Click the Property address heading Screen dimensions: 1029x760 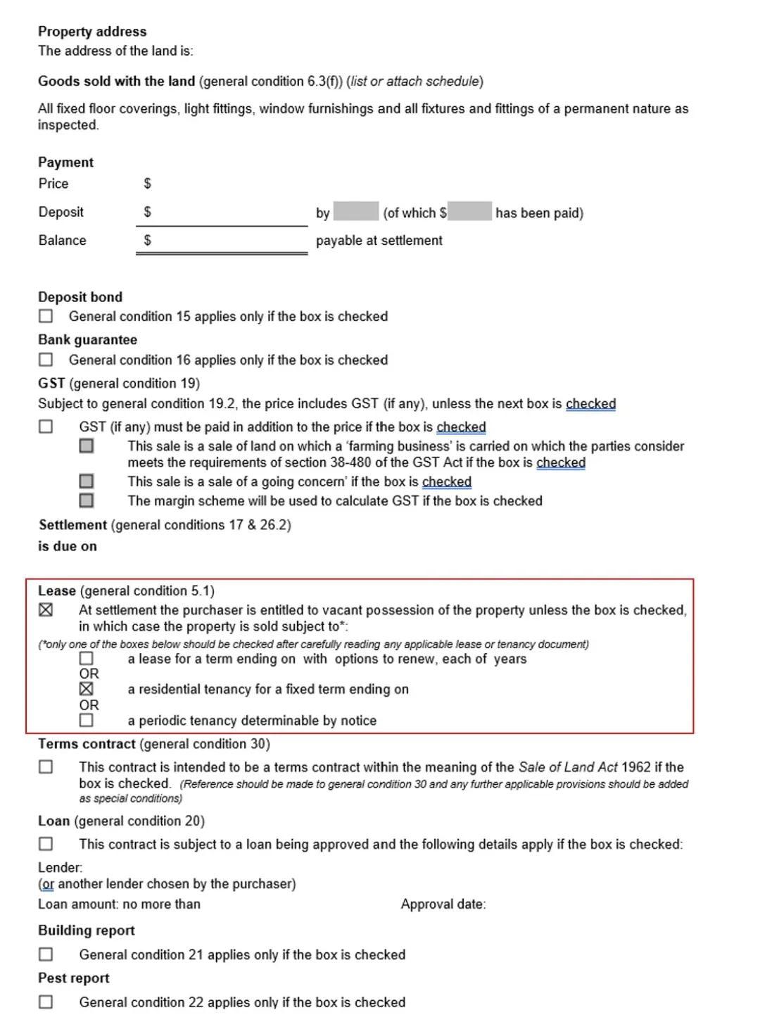pyautogui.click(x=92, y=31)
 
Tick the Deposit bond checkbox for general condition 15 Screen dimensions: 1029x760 pyautogui.click(x=46, y=316)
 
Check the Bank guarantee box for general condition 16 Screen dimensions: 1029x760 pyautogui.click(x=46, y=360)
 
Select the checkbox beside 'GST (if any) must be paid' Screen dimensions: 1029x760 pyautogui.click(x=46, y=427)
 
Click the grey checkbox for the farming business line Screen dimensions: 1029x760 pyautogui.click(x=87, y=446)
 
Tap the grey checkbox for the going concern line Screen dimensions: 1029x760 pyautogui.click(x=87, y=481)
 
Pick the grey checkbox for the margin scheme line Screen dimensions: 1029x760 pyautogui.click(x=87, y=500)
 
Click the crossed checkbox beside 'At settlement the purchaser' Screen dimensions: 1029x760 pyautogui.click(x=46, y=610)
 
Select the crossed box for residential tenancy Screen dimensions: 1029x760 pyautogui.click(x=87, y=688)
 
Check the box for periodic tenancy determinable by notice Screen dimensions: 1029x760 pyautogui.click(x=87, y=720)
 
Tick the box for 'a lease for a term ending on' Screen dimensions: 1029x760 pyautogui.click(x=87, y=658)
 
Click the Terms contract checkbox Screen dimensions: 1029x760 pyautogui.click(x=46, y=766)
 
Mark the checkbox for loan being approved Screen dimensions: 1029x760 pyautogui.click(x=46, y=843)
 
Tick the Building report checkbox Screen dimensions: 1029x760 pyautogui.click(x=46, y=954)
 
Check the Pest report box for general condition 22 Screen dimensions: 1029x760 pyautogui.click(x=46, y=1002)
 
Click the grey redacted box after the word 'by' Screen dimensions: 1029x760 pyautogui.click(x=355, y=211)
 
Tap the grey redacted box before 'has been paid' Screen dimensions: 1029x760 pyautogui.click(x=469, y=211)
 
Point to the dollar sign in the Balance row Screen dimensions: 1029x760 pyautogui.click(x=147, y=240)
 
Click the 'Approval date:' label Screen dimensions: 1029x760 pyautogui.click(x=443, y=904)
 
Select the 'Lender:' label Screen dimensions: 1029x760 pyautogui.click(x=60, y=867)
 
